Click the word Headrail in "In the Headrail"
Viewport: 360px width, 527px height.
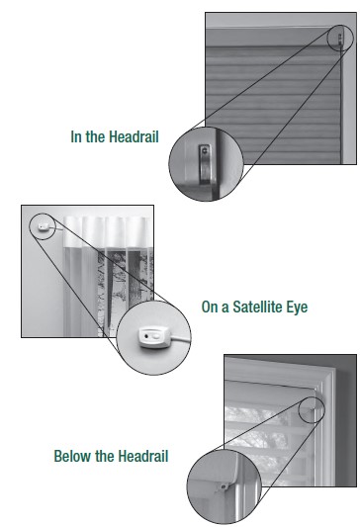coord(134,137)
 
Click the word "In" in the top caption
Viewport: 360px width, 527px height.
coord(75,137)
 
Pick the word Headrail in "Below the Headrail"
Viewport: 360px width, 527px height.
coord(143,457)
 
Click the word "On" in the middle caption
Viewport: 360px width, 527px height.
coord(210,307)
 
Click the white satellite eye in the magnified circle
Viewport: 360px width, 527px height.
coord(153,337)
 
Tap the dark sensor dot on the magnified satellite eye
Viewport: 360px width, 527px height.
coord(146,335)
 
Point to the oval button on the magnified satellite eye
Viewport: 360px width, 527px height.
coord(156,335)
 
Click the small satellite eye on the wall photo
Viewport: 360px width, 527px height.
coord(43,226)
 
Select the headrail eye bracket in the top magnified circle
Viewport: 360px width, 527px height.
coord(205,164)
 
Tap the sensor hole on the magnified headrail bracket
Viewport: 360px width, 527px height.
coord(204,151)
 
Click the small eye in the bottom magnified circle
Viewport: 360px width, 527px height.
coord(224,486)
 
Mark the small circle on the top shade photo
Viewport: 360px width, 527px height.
coord(341,38)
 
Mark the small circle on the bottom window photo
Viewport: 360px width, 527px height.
coord(312,409)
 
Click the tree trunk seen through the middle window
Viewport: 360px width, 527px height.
coord(135,272)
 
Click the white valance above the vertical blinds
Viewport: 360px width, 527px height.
coord(108,230)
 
